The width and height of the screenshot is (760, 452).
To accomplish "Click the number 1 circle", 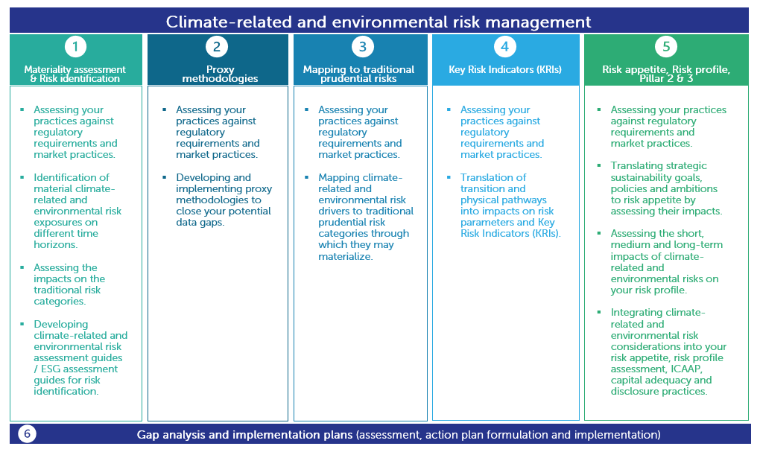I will pos(75,47).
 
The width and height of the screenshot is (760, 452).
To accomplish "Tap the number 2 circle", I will pos(216,47).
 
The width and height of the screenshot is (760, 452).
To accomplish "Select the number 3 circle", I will pos(362,47).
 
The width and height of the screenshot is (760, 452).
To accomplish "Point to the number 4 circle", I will pos(504,47).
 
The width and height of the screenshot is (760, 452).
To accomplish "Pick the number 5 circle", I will pos(665,47).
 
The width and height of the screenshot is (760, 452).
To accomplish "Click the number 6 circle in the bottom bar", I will pos(27,434).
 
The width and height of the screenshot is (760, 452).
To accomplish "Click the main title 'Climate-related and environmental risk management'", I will pos(379,22).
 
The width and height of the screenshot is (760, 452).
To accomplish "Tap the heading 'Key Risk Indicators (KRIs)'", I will pos(504,69).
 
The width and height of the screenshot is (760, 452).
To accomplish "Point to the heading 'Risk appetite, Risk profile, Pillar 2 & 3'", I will pos(665,74).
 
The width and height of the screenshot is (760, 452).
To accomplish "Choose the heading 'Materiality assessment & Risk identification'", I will pos(75,74).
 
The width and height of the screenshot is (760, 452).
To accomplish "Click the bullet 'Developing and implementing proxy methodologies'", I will pos(224,200).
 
